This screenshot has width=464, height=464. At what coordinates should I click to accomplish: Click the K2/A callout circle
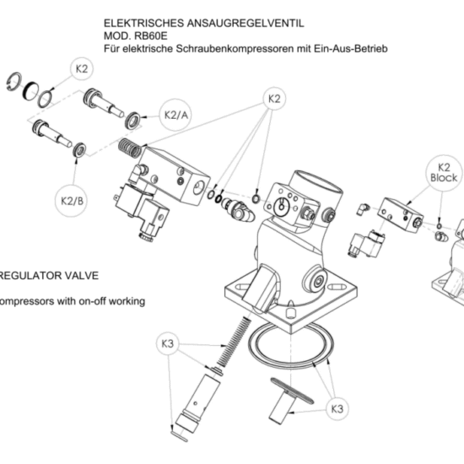tap(176, 115)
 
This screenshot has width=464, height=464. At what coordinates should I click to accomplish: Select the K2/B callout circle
tap(72, 201)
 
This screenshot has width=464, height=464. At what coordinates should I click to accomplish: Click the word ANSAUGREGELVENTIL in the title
tap(245, 23)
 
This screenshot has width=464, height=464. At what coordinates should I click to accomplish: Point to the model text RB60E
tap(151, 35)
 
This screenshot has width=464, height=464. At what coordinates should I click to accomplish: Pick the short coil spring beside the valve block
tap(130, 148)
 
